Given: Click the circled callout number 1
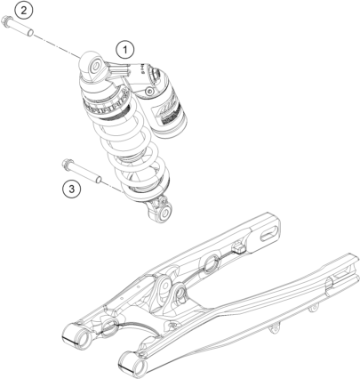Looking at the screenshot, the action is (124, 50).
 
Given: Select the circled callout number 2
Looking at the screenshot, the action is (23, 11).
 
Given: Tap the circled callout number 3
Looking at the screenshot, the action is (72, 189).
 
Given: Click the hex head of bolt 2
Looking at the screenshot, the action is (6, 21).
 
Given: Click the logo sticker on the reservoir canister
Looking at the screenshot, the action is (166, 111).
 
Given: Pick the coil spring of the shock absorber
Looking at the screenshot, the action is (130, 149).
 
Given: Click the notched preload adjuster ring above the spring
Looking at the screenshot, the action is (107, 104).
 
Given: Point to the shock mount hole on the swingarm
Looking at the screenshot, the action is (180, 293).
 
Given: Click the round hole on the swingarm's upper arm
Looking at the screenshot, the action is (212, 262).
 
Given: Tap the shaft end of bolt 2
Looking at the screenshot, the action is (30, 31).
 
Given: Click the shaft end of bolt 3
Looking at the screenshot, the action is (100, 180).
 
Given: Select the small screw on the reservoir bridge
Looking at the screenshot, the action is (149, 92).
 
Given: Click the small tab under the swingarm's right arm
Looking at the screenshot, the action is (274, 329).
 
